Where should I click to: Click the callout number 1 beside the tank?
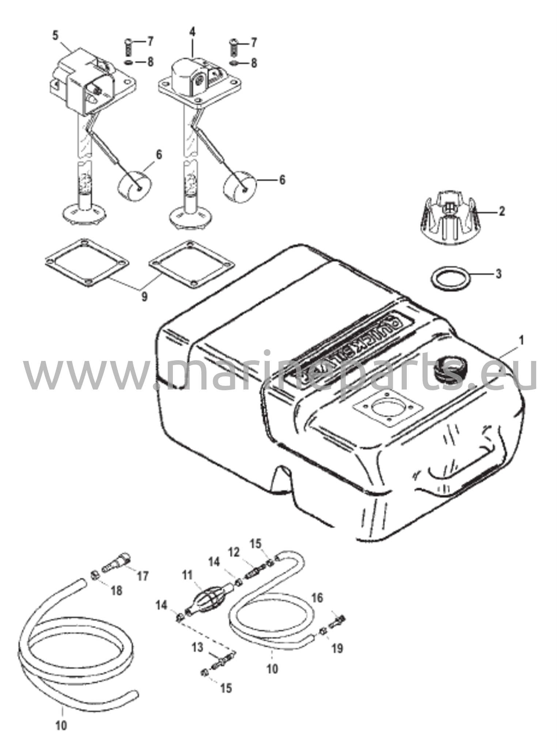[521, 340]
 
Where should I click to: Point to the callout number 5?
[55, 35]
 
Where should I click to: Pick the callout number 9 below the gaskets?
[145, 296]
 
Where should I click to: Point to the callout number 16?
[317, 598]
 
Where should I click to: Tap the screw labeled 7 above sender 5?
[129, 46]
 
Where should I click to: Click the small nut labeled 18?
[93, 575]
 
